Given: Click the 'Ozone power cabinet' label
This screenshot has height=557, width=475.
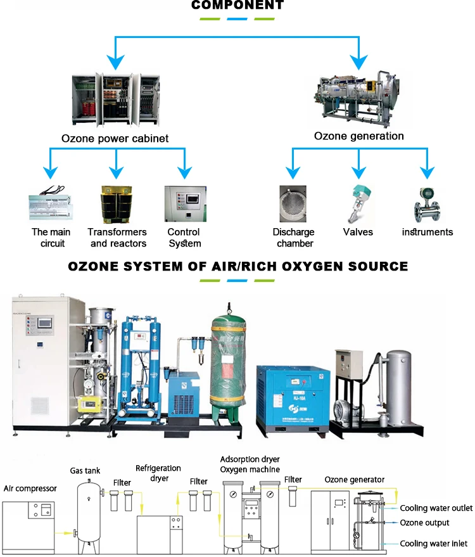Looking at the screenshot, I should tap(115, 138).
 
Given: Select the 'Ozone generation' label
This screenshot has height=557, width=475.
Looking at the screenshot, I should tap(358, 136).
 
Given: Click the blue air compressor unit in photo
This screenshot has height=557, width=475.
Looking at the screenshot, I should tap(293, 394).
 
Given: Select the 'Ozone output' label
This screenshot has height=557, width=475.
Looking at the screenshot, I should tap(424, 523).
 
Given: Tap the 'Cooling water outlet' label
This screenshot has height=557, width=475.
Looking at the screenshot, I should tap(436, 508).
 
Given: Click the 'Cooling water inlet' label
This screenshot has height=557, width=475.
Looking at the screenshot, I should tap(433, 544).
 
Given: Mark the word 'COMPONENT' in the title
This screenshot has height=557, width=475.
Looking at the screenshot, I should tap(237, 6).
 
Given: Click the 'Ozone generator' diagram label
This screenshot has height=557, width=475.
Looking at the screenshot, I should tap(355, 480).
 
